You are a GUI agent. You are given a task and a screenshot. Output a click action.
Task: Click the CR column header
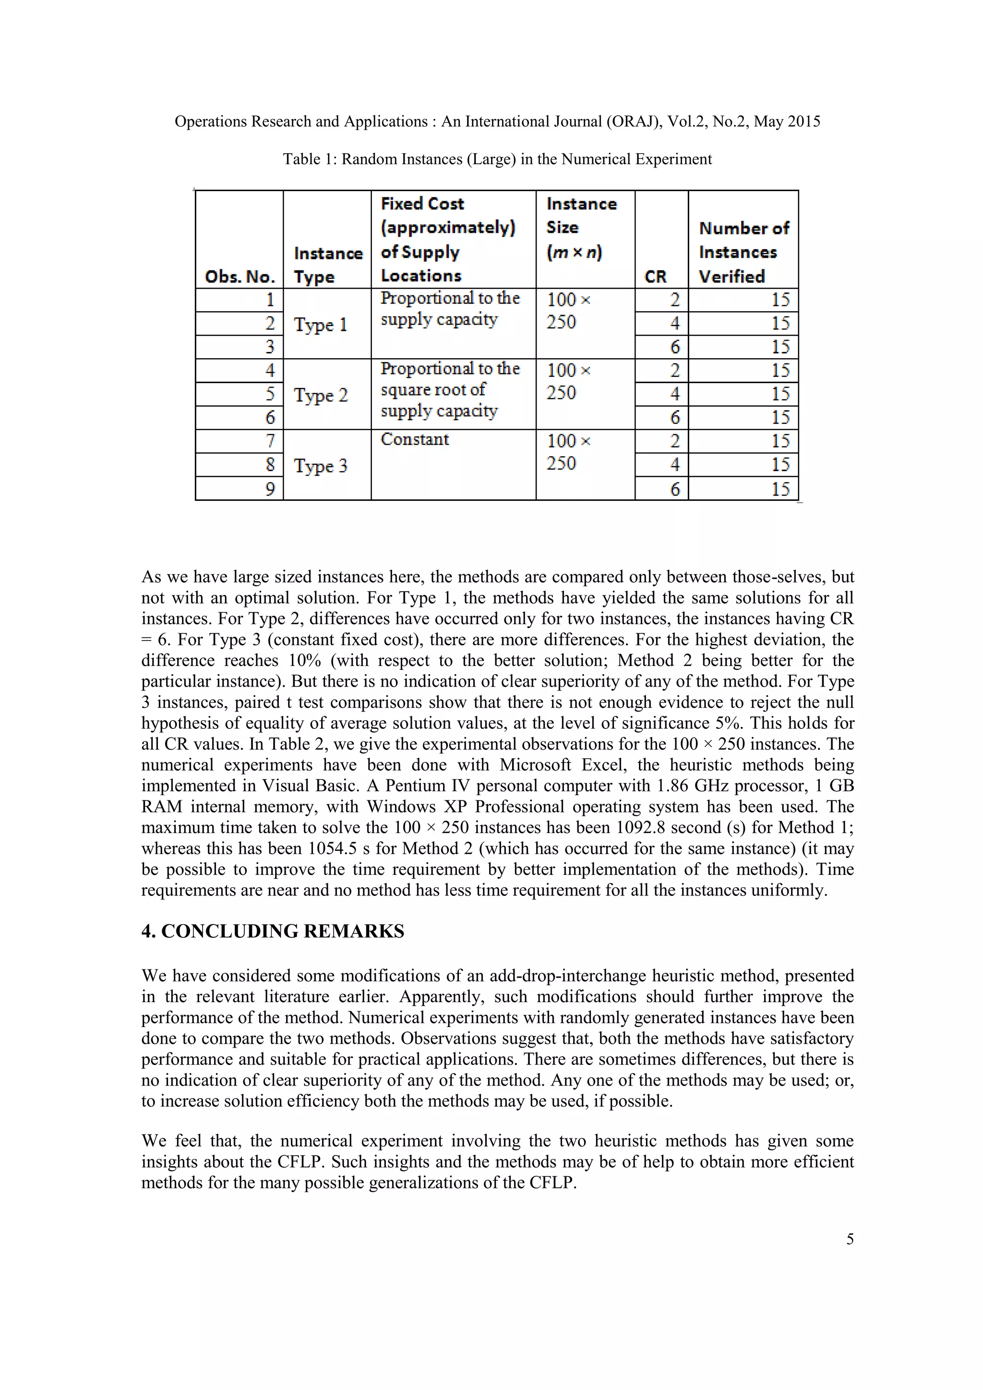coord(656,277)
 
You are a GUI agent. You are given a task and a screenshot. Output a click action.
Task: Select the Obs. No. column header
coord(240,277)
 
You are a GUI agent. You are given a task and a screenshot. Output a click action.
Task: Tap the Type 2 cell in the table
coord(321,395)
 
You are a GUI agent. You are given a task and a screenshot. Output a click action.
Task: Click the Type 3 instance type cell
coord(321,466)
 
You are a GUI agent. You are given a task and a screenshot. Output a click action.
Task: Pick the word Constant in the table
coord(415,439)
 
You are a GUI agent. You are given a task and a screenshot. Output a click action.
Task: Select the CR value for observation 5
coord(674,394)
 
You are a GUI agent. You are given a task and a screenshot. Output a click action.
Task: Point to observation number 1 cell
coord(270,300)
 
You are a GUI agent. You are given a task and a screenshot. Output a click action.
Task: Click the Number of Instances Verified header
coord(743,253)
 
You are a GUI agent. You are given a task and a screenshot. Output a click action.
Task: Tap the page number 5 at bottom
coord(850,1239)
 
